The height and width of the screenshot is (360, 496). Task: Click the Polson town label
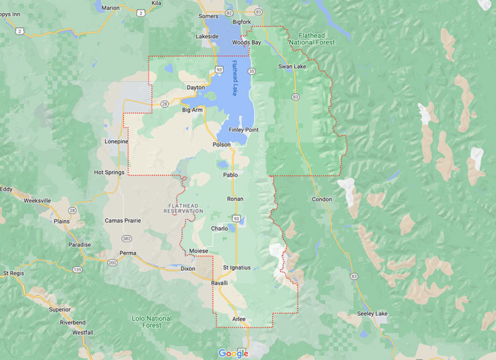point(222,145)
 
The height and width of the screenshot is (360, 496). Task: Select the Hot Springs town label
point(110,172)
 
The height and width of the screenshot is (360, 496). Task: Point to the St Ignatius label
point(237,267)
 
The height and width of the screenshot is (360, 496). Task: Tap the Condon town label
point(321,199)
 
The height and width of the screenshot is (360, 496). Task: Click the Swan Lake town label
point(293,66)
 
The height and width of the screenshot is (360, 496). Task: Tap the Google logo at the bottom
point(233,353)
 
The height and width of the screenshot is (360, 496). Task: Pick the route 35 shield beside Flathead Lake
point(252,71)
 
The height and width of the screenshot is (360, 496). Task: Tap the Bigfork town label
point(242,22)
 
